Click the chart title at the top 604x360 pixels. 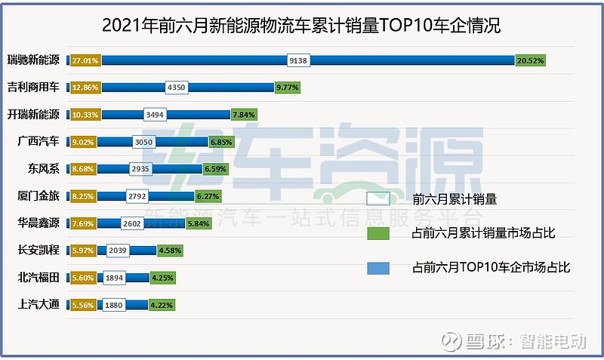click(x=301, y=25)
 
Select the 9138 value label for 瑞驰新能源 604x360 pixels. click(x=298, y=60)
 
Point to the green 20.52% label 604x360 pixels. click(x=530, y=60)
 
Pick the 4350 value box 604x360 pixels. click(x=176, y=88)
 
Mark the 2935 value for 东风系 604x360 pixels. click(x=141, y=169)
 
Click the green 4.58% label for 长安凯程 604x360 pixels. click(x=168, y=251)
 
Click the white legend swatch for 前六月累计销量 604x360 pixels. click(x=377, y=200)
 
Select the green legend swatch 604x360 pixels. click(x=377, y=233)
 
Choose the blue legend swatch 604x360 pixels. click(x=377, y=266)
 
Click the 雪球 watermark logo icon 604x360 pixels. click(x=451, y=343)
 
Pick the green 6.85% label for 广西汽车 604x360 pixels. click(x=221, y=142)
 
